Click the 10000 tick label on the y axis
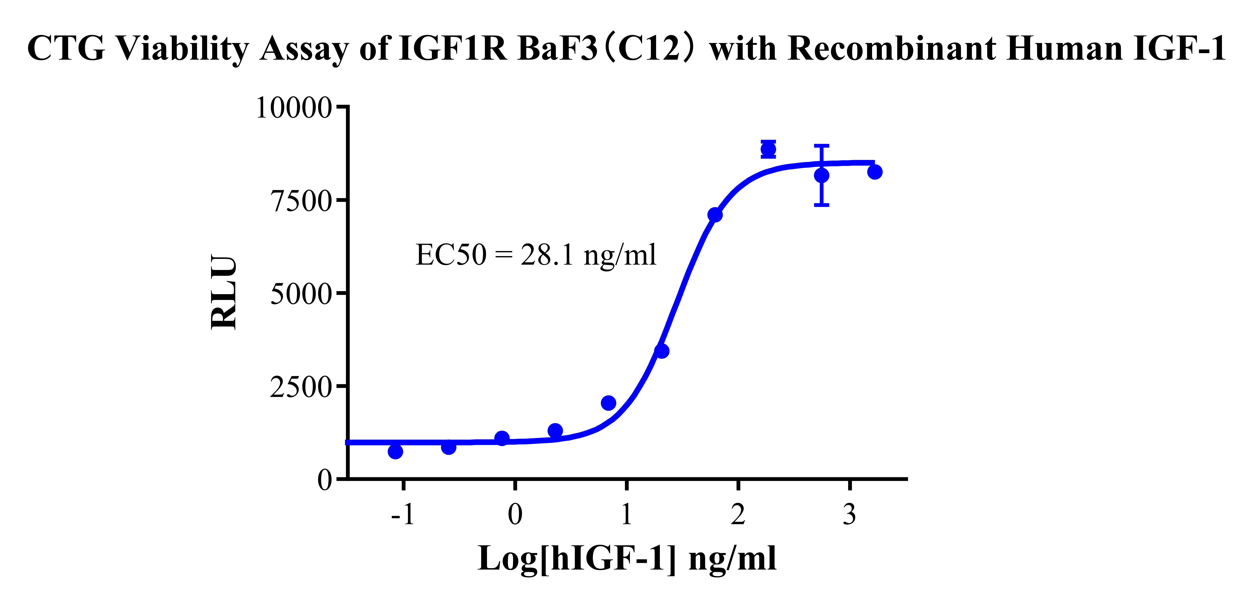pyautogui.click(x=294, y=108)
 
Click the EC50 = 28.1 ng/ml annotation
pyautogui.click(x=536, y=255)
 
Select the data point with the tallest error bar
pyautogui.click(x=821, y=175)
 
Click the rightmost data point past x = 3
pyautogui.click(x=875, y=172)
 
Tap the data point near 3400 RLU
pyautogui.click(x=662, y=351)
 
